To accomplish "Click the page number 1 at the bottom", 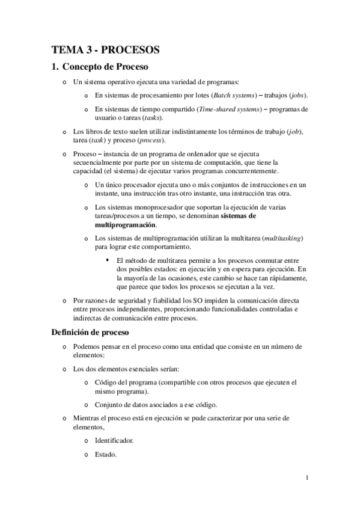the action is pos(307,478).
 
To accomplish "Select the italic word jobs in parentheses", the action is pos(301,95).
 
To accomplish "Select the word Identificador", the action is pos(114,440).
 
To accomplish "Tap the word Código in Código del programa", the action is pos(106,381).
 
